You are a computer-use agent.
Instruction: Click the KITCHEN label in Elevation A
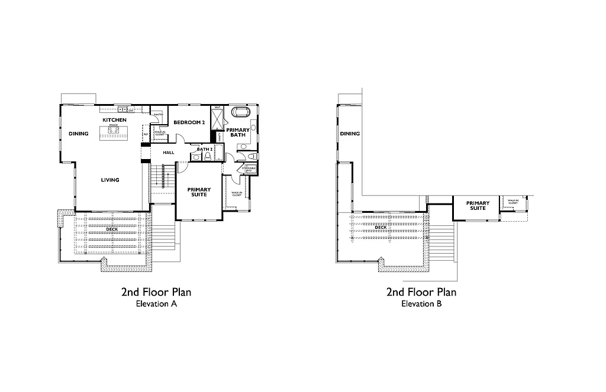(114, 120)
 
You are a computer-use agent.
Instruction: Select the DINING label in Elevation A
(78, 134)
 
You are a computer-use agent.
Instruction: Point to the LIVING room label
(110, 180)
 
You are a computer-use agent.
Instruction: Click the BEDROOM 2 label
(189, 122)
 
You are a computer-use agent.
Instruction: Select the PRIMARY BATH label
(238, 132)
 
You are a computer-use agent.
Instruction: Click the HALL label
(169, 153)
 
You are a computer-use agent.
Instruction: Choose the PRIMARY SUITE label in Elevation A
(199, 192)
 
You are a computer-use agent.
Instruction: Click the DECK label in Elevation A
(112, 229)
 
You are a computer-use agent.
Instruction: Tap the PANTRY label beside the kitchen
(159, 114)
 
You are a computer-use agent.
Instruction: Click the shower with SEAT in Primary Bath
(217, 119)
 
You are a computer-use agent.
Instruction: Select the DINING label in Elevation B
(350, 134)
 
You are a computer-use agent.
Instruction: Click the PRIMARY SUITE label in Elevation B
(478, 206)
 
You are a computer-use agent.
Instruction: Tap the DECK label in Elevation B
(381, 227)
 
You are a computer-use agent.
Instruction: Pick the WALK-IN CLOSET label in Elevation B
(512, 202)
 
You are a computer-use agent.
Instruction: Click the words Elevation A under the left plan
(156, 304)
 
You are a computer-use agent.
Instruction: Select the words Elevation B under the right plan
(421, 304)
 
